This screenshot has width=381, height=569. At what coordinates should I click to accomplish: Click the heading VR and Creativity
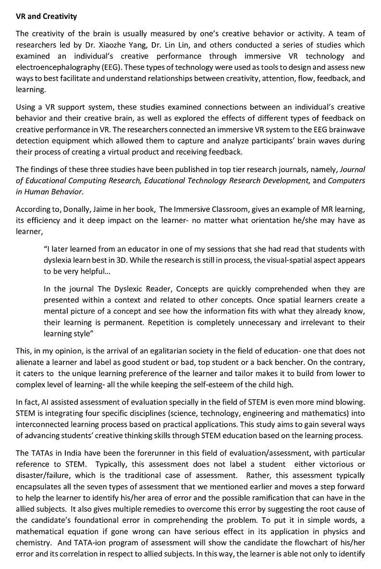46,17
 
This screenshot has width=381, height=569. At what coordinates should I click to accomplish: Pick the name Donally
77,210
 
